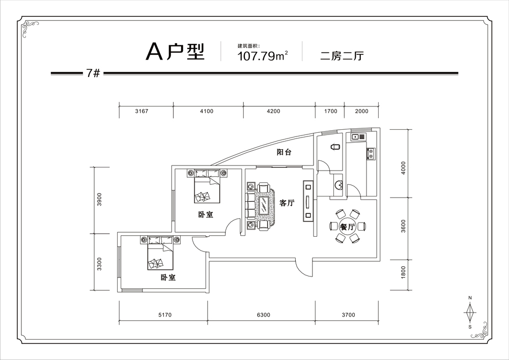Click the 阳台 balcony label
point(284,152)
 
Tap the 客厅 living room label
point(287,203)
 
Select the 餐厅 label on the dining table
point(347,227)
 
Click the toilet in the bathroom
point(335,147)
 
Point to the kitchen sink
point(358,136)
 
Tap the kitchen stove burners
point(371,154)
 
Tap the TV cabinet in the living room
point(308,201)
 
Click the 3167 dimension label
point(142,111)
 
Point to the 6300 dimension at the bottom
point(263,315)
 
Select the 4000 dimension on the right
point(404,168)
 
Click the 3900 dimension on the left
point(99,199)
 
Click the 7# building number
point(93,73)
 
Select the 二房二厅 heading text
point(342,56)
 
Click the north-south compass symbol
point(470,312)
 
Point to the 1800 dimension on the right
point(404,272)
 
